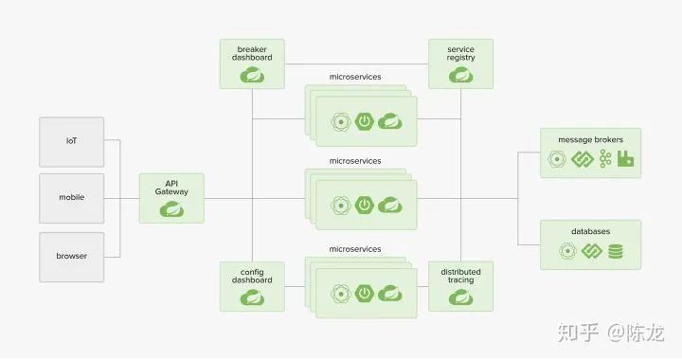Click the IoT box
(x=72, y=142)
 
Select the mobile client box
(x=72, y=198)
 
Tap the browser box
(x=72, y=257)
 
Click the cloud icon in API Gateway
(x=171, y=210)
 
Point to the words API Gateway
(x=171, y=188)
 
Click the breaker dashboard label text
(x=252, y=53)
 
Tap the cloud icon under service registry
(x=461, y=75)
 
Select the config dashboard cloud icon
(x=252, y=297)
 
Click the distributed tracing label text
(x=461, y=276)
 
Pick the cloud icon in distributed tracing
(x=461, y=297)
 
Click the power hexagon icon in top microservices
(x=365, y=121)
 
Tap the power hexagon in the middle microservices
(x=365, y=205)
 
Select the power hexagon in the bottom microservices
(x=365, y=293)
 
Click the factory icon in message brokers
(x=625, y=159)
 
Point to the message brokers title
(x=591, y=139)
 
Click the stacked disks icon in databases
(x=616, y=251)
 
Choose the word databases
(x=591, y=231)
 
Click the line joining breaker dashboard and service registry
(x=357, y=63)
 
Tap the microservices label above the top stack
(x=355, y=77)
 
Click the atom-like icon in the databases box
(x=567, y=251)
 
